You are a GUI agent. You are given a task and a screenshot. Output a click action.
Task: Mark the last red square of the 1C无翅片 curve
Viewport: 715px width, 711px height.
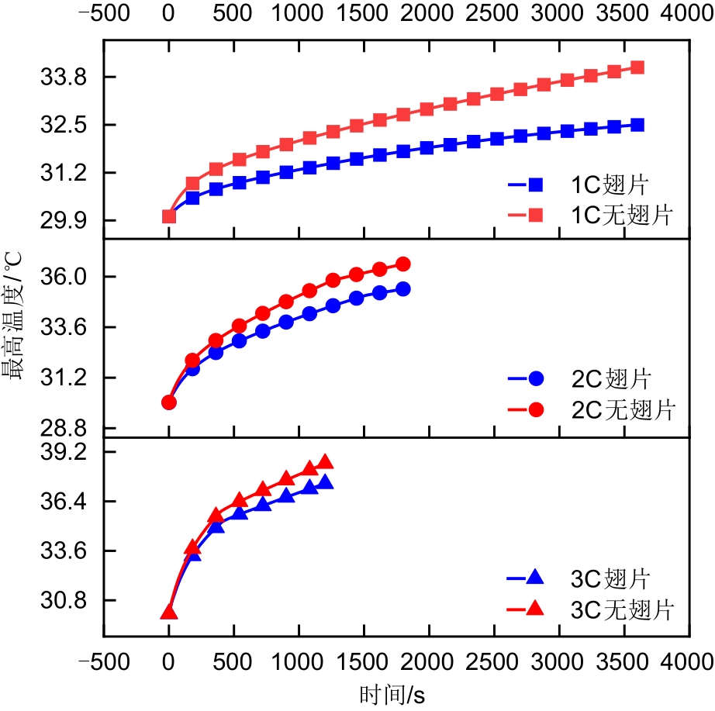[x=637, y=67]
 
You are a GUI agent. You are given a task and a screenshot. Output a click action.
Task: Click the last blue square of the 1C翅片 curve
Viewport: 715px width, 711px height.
[x=637, y=125]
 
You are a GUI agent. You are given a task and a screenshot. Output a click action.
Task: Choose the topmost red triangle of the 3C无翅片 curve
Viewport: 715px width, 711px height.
[x=326, y=461]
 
